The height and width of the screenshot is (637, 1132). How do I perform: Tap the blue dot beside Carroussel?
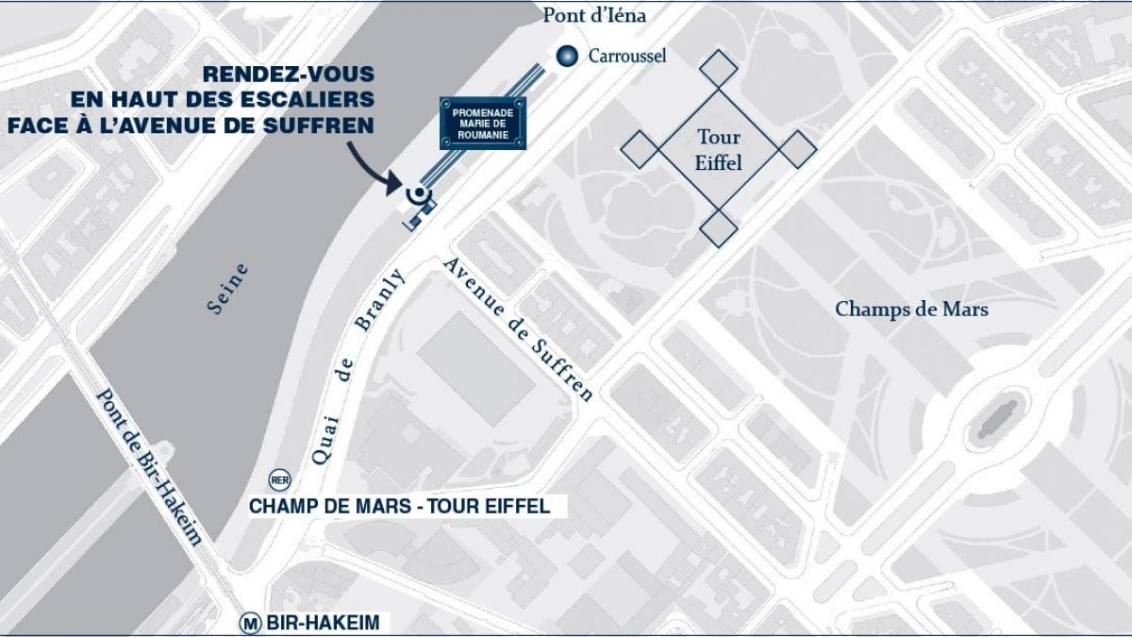(x=565, y=56)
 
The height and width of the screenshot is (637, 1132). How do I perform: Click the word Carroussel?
(x=627, y=56)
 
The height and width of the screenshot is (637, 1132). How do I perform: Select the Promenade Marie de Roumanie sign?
(x=483, y=124)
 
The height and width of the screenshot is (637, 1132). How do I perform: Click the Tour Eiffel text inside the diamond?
(x=719, y=150)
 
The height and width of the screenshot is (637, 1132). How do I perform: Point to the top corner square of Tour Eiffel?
(x=720, y=69)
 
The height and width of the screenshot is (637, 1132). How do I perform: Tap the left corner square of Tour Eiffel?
(x=640, y=148)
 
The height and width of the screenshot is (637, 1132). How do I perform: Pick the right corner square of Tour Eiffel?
(x=798, y=148)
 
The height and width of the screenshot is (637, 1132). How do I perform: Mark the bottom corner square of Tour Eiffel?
(x=719, y=227)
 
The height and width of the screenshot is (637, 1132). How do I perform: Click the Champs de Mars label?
(x=911, y=309)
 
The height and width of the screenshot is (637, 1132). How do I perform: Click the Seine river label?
(x=228, y=289)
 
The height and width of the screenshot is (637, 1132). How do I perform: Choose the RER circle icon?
(x=279, y=478)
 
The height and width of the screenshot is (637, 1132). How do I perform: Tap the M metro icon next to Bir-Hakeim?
(x=250, y=623)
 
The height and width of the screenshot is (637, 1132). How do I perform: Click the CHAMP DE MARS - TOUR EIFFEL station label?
(x=399, y=506)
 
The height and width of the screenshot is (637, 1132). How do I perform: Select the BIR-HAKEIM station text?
(x=323, y=623)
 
